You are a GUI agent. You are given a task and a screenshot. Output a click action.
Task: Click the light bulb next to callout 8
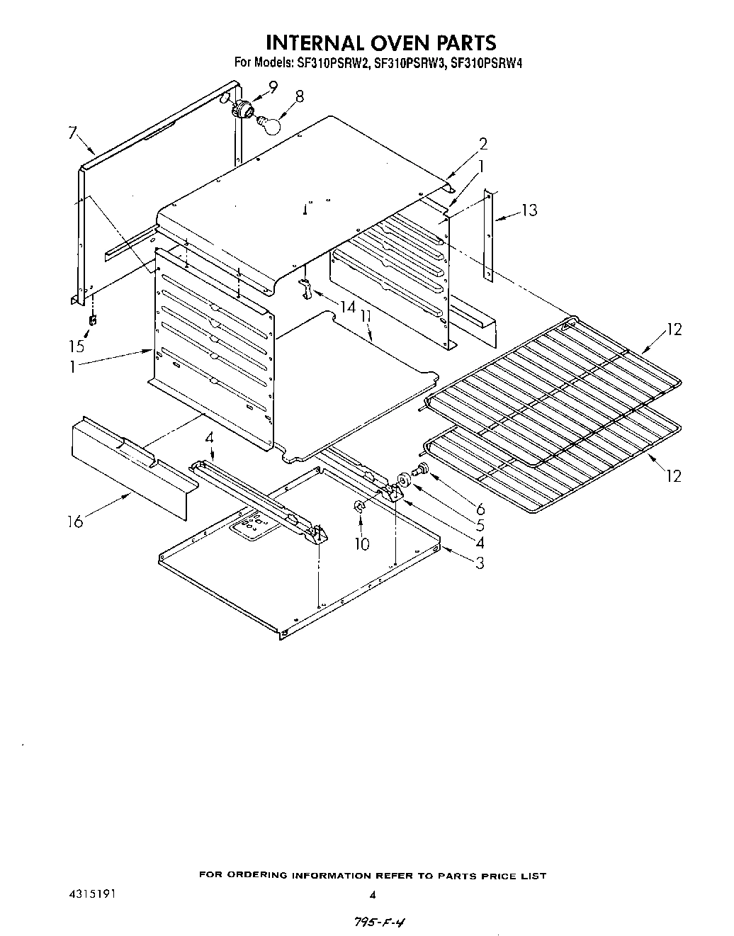tap(268, 124)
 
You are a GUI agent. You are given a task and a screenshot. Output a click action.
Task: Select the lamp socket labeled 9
tap(243, 110)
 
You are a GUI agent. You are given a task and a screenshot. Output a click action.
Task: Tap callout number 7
tap(72, 132)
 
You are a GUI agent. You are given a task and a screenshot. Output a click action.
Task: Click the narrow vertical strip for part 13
tap(487, 234)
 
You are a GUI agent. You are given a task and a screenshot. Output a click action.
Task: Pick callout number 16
tap(75, 521)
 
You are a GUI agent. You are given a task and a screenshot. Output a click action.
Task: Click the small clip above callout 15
tap(92, 321)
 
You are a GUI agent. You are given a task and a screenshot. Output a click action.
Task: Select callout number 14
tap(347, 308)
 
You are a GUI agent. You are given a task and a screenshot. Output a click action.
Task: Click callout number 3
tap(480, 563)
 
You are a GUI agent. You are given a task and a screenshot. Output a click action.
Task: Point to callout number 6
tap(480, 508)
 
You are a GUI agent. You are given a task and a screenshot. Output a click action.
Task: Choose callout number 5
tap(480, 526)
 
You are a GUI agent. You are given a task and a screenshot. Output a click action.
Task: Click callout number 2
tap(482, 144)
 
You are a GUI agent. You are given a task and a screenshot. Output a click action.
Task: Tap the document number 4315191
tap(86, 894)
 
